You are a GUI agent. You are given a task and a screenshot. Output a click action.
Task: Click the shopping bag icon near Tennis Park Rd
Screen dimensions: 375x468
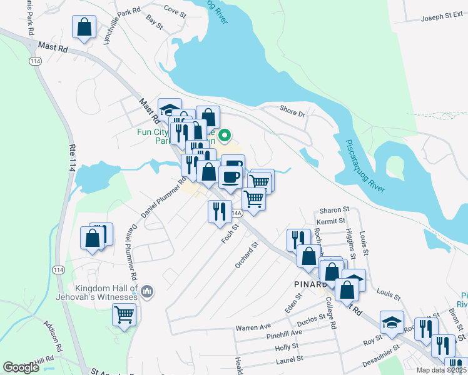(x=84, y=27)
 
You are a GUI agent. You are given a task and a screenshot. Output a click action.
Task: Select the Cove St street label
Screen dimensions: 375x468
(x=175, y=10)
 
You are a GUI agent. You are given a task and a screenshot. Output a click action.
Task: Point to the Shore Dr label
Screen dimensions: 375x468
(x=292, y=113)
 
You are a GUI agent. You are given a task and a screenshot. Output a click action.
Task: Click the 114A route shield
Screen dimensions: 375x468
(x=235, y=213)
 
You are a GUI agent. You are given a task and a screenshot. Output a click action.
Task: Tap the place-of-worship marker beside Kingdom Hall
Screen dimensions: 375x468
(x=148, y=291)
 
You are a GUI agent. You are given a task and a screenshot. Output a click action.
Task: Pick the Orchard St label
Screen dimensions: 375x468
(x=247, y=256)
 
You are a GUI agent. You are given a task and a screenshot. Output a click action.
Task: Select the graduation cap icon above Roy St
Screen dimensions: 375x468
(x=392, y=322)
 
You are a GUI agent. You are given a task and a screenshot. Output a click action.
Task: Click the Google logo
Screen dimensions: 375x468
(x=21, y=367)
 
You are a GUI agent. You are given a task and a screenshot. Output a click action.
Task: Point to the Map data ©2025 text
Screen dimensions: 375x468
(x=440, y=370)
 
